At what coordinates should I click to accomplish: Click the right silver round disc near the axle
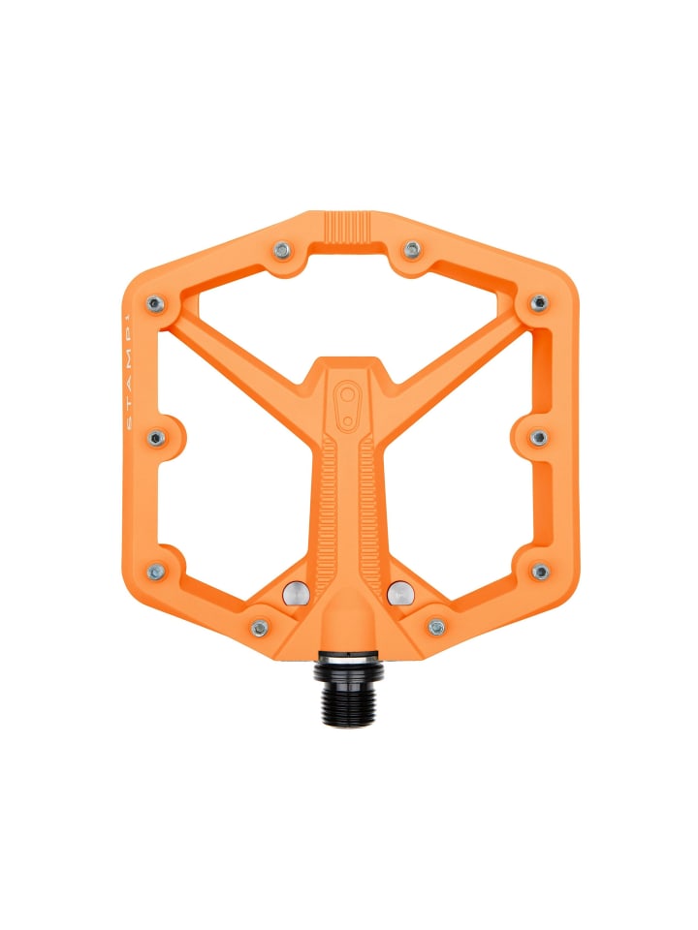[x=397, y=592]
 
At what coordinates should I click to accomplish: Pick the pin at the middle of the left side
[x=155, y=438]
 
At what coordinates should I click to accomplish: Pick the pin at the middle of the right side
[x=540, y=438]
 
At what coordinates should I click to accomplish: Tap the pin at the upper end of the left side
[x=155, y=304]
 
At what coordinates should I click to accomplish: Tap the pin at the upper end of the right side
[x=539, y=304]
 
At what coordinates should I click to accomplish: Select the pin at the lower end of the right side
[x=540, y=572]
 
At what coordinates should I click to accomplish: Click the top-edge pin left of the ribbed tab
[x=282, y=250]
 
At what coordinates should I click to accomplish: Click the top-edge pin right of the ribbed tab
[x=412, y=250]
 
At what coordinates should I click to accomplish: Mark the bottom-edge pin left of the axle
[x=259, y=628]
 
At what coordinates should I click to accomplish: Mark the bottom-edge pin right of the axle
[x=436, y=628]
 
